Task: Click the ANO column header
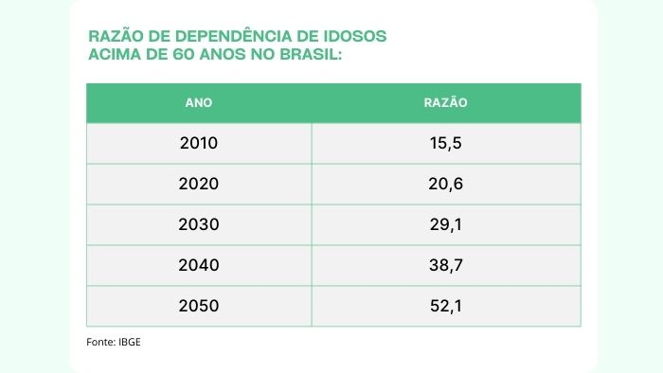(198, 102)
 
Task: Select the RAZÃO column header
(446, 102)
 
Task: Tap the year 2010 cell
(199, 143)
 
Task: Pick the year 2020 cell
(199, 184)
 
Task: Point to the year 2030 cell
(199, 224)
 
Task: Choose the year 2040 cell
(199, 265)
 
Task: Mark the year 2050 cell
(199, 306)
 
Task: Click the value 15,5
(446, 144)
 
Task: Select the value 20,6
(446, 185)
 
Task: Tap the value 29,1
(446, 224)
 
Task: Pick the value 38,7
(446, 266)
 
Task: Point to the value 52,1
(446, 306)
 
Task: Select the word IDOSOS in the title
(355, 36)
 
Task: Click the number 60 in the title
(185, 55)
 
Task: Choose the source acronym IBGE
(130, 342)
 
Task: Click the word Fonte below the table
(100, 342)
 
